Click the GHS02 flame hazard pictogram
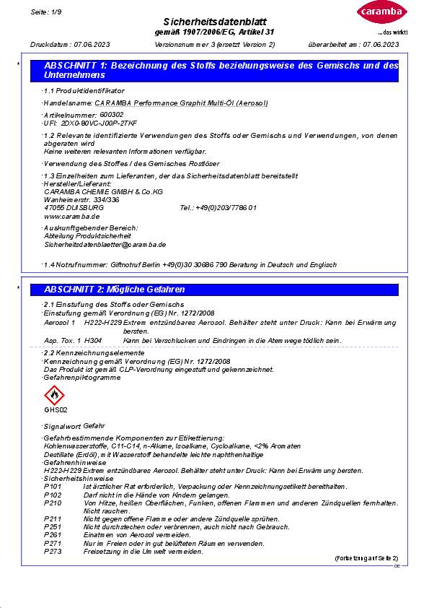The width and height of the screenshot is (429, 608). click(54, 395)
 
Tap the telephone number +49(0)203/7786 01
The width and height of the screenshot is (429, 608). click(218, 207)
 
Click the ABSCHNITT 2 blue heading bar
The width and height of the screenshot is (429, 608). click(221, 290)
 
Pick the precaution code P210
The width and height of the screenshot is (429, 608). click(53, 503)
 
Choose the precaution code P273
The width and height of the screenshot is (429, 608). click(53, 552)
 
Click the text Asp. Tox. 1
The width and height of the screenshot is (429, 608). click(61, 339)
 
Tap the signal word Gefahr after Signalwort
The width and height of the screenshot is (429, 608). click(94, 427)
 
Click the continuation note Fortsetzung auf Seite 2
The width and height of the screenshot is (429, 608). click(366, 559)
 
